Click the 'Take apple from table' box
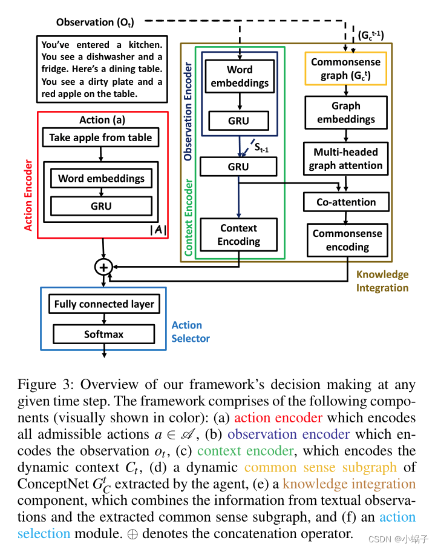[x=101, y=138]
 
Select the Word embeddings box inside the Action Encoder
[x=101, y=179]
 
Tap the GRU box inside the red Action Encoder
[x=101, y=206]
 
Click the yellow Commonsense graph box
[x=345, y=68]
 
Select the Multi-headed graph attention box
[x=345, y=159]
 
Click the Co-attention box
[x=345, y=202]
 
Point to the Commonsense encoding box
[x=347, y=240]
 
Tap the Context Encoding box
[x=238, y=235]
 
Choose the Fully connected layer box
[x=104, y=304]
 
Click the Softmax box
[x=103, y=334]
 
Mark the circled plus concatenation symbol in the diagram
[x=103, y=267]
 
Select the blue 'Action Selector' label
[x=190, y=331]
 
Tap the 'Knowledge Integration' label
[x=382, y=281]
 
